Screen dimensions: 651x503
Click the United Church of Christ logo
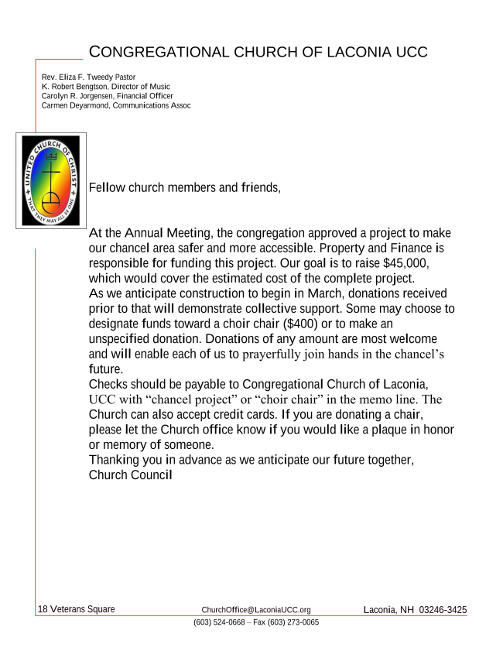50,180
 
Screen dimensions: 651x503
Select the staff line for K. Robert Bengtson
105,87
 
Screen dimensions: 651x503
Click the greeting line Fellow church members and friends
184,187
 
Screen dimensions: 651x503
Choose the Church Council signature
130,475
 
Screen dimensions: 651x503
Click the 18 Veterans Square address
77,609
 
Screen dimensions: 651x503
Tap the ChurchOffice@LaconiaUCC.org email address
256,610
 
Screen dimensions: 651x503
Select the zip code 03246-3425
443,610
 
